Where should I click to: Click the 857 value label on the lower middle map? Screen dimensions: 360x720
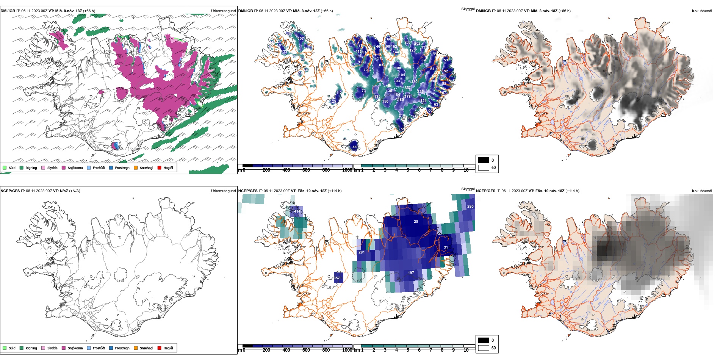click(337, 278)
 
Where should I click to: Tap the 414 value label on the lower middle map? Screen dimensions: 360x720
click(297, 211)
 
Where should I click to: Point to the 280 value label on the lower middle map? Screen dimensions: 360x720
click(470, 207)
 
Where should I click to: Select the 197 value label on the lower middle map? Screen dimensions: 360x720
click(411, 273)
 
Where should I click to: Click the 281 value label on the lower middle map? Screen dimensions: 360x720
click(362, 252)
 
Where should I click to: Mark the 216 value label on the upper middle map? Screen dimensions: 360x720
click(402, 116)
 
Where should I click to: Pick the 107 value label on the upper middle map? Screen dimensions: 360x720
click(301, 39)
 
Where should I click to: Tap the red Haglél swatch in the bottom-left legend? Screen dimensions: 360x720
click(160, 348)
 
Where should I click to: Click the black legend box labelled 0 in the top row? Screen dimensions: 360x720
click(484, 160)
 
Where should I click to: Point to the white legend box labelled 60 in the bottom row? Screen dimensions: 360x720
click(484, 348)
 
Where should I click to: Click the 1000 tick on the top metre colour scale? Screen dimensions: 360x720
click(347, 170)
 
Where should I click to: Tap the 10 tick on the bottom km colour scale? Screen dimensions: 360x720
click(466, 350)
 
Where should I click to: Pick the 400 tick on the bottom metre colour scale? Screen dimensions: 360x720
click(286, 350)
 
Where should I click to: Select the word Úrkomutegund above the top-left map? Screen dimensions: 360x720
click(223, 11)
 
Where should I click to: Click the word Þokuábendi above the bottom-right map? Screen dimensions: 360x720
click(702, 191)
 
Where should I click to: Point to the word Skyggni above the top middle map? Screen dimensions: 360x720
click(468, 9)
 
